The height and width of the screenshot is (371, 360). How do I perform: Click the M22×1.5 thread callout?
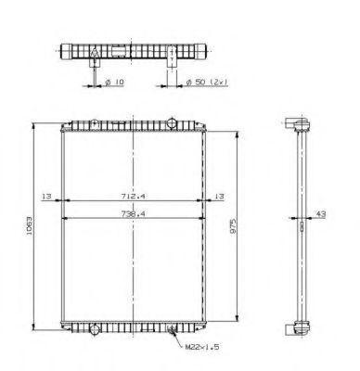200,348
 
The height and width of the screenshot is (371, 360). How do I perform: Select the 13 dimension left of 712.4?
45,197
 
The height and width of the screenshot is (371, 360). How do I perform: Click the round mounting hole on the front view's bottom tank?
94,326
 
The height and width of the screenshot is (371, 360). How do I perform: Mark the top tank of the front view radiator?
135,125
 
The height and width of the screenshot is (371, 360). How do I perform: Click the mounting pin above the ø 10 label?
95,64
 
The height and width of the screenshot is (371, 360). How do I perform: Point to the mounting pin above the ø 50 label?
174,65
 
